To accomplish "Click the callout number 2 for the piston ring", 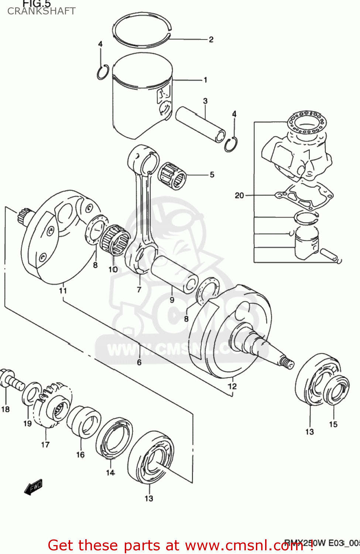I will (211, 40).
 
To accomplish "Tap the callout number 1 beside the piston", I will (205, 80).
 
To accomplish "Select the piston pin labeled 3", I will (200, 124).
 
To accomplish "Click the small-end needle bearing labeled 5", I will (172, 175).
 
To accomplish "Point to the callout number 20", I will (239, 195).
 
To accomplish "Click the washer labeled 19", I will (31, 393).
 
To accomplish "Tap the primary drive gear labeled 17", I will (52, 406).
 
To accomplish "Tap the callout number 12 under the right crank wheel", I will (232, 386).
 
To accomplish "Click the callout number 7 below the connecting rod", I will (139, 290).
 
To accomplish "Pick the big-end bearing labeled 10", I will (116, 240).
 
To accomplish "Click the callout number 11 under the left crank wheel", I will (63, 290).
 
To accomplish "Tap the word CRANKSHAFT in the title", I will (41, 11).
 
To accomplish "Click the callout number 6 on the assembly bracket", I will (139, 362).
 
